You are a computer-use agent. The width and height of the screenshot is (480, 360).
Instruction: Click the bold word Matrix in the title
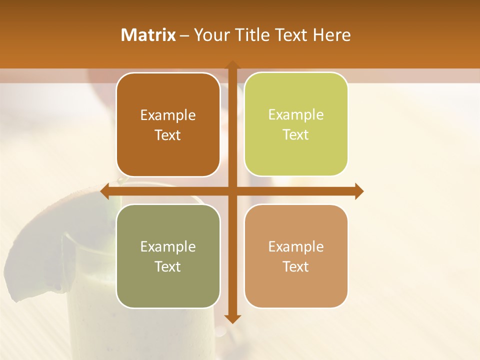click(x=148, y=35)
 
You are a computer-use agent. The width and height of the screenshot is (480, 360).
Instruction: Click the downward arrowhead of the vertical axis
click(x=232, y=318)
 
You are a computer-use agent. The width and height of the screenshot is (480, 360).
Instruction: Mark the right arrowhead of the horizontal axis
click(x=359, y=191)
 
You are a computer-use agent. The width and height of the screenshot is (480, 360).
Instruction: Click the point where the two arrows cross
click(x=232, y=191)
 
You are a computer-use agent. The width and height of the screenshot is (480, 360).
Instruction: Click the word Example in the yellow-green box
click(x=296, y=114)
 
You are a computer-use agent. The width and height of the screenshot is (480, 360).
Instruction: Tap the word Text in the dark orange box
click(x=168, y=135)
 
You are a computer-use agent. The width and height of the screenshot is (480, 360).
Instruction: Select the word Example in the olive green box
click(x=168, y=246)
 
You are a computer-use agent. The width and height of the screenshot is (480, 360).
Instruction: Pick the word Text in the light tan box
click(x=296, y=266)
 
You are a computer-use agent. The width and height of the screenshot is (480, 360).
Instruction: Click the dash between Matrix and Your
click(x=184, y=35)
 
